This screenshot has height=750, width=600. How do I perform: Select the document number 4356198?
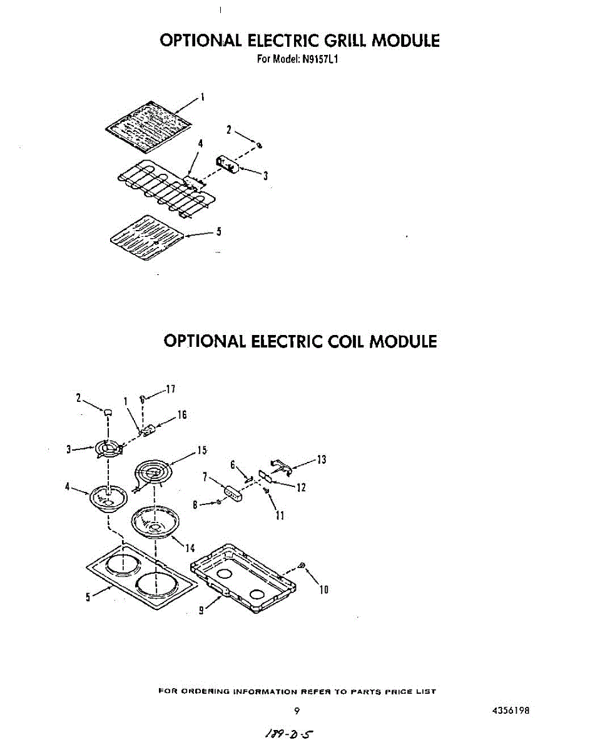coord(511,711)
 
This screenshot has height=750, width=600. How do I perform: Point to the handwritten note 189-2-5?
coord(288,734)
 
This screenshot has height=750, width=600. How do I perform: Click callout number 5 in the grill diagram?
coord(219,231)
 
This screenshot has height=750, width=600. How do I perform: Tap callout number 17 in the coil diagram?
coord(171,389)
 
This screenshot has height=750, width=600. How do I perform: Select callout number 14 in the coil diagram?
coord(190,548)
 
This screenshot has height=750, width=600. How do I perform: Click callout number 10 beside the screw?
coord(323,589)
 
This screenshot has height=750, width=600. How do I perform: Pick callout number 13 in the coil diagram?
coord(322,460)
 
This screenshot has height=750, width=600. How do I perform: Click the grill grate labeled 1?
coord(149,127)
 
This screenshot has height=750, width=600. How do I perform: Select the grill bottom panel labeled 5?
coord(147,237)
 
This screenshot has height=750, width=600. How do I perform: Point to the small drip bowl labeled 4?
coord(108,499)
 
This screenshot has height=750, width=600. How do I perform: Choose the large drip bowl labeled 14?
coord(155,522)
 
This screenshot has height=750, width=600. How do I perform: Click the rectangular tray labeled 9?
coord(243,579)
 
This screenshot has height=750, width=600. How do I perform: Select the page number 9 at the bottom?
coord(297,711)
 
